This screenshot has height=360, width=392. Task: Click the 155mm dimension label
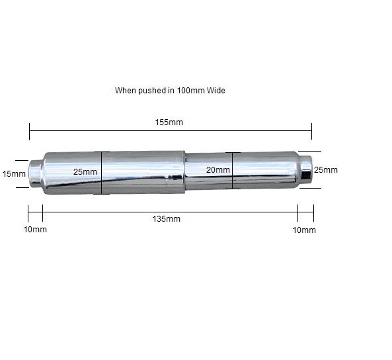pos(169,122)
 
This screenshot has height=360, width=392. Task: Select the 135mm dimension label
pos(166,219)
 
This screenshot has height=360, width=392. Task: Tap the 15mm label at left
pos(14,174)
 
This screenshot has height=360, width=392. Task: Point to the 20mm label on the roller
pos(218,169)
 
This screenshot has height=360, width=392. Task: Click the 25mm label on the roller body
pos(85,172)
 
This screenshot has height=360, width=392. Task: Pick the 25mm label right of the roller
pos(326,169)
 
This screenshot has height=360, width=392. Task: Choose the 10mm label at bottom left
pos(35,230)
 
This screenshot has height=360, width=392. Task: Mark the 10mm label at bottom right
pos(304,230)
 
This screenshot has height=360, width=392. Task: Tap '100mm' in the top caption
pos(191,91)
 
